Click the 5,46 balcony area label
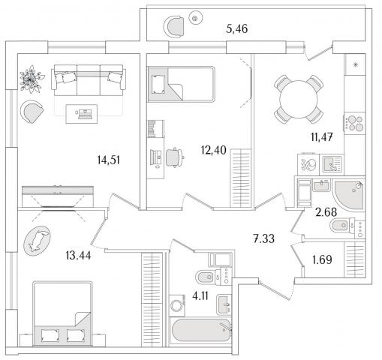(x=236, y=29)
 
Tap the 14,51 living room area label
(x=109, y=160)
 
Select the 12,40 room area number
(x=214, y=150)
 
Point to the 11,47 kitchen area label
(x=322, y=137)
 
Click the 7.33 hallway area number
(x=263, y=238)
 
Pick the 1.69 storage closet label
(x=322, y=259)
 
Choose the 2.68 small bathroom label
(x=326, y=212)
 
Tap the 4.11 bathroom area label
(x=200, y=296)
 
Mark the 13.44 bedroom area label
(x=78, y=256)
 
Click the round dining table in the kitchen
(x=299, y=99)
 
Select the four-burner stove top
(x=355, y=124)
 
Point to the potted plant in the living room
(x=31, y=79)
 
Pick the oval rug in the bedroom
(x=37, y=241)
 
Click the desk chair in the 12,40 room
(x=174, y=157)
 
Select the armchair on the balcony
(x=173, y=26)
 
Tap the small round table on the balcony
(x=195, y=18)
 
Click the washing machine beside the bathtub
(x=177, y=305)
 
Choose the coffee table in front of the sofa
(x=82, y=114)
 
